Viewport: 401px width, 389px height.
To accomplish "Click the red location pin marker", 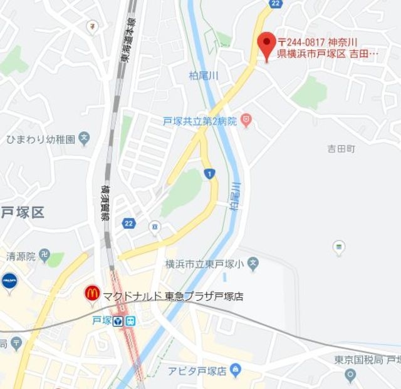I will pyautogui.click(x=268, y=45).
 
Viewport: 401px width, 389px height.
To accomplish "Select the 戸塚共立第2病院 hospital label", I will pyautogui.click(x=200, y=121).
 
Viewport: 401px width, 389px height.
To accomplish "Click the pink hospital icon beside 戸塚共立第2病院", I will pyautogui.click(x=246, y=119).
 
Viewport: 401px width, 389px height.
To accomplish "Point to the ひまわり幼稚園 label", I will pyautogui.click(x=40, y=138).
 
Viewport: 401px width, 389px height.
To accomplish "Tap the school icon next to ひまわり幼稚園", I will pyautogui.click(x=85, y=138).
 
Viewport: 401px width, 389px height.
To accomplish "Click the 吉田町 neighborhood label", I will pyautogui.click(x=341, y=149).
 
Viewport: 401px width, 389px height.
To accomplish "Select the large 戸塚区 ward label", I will pyautogui.click(x=23, y=212).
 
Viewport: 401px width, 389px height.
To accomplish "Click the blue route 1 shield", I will pyautogui.click(x=209, y=173).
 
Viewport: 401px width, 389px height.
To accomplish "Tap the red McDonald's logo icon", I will pyautogui.click(x=92, y=292).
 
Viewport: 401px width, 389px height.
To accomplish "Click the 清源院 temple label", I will pyautogui.click(x=19, y=256).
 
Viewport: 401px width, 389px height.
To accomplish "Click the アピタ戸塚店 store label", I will pyautogui.click(x=196, y=371).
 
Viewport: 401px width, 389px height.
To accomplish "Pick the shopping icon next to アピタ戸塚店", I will pyautogui.click(x=236, y=370).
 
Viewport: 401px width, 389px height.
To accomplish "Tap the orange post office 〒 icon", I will pyautogui.click(x=93, y=26).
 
